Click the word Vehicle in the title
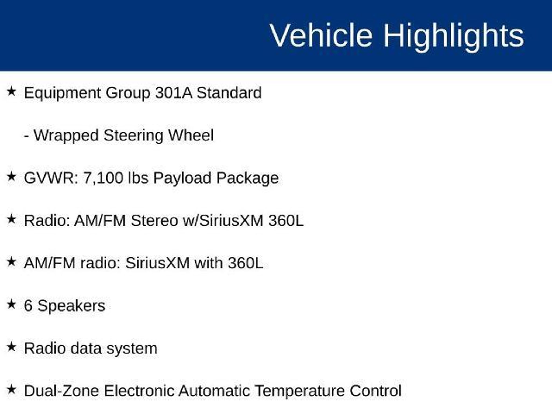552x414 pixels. [x=321, y=35]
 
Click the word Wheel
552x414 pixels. [x=191, y=135]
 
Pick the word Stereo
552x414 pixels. [x=154, y=220]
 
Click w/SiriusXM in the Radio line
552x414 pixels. [x=223, y=220]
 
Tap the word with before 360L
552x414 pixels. [x=209, y=263]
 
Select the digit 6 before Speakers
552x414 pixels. [x=28, y=306]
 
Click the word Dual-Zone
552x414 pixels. [x=61, y=391]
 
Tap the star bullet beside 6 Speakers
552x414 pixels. [x=11, y=304]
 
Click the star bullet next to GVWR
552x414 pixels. [x=11, y=177]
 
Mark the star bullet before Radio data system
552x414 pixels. [x=11, y=347]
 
